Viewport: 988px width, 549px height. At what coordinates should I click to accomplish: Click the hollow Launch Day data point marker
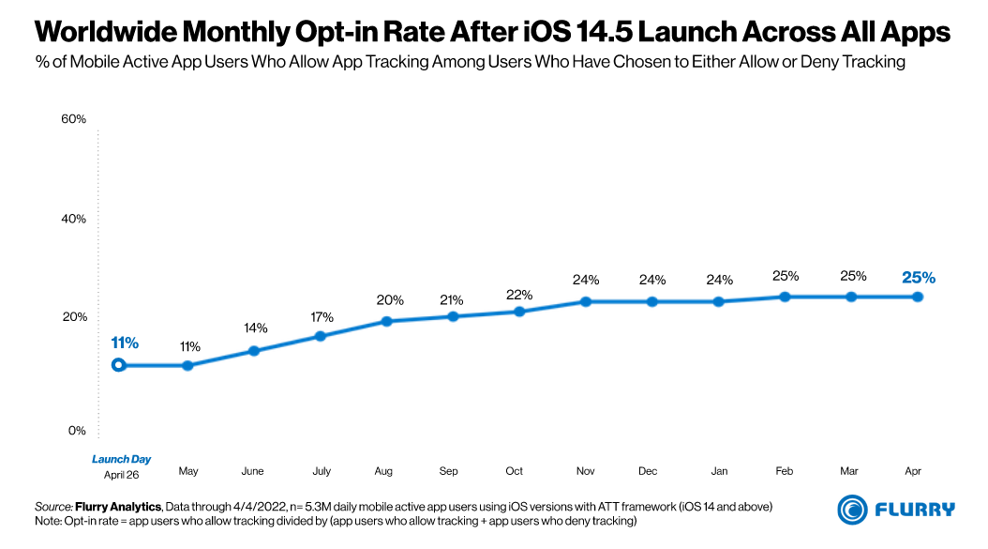click(x=118, y=365)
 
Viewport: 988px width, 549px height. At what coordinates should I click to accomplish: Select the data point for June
click(x=253, y=351)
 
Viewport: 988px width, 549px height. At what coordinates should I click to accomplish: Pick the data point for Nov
click(x=585, y=301)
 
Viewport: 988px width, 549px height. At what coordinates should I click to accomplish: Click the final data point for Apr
click(x=918, y=297)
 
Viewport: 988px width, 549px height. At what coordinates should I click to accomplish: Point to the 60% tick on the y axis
click(x=73, y=119)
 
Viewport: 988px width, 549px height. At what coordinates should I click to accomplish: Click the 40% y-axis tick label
click(x=73, y=219)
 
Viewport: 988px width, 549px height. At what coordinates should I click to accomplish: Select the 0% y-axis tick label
click(x=77, y=431)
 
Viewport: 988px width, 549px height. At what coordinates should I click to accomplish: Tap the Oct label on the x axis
click(x=514, y=471)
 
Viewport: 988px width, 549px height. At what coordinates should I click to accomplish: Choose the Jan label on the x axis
click(x=720, y=471)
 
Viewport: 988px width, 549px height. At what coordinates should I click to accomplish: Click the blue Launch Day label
click(x=121, y=460)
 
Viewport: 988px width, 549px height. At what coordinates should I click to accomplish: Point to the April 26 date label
click(x=121, y=475)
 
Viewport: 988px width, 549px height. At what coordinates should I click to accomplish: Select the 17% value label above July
click(x=322, y=317)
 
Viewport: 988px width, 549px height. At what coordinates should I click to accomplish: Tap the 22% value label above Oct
click(x=516, y=295)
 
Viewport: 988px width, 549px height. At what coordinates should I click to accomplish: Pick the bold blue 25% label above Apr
click(x=919, y=278)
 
